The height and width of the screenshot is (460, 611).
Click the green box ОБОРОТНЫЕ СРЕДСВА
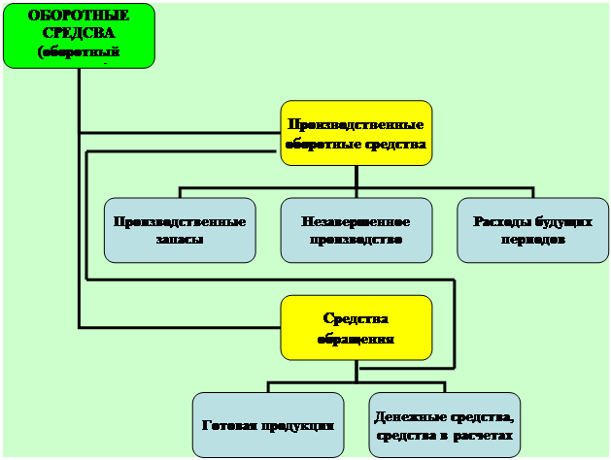click(x=78, y=36)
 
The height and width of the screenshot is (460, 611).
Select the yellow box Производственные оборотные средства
click(x=356, y=133)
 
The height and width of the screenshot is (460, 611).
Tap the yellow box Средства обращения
click(x=356, y=328)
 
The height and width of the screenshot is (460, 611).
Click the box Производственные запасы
click(x=180, y=230)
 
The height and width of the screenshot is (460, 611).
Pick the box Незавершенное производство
click(x=356, y=230)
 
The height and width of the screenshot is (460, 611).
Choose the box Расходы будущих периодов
click(x=532, y=230)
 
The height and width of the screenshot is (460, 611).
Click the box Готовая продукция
click(x=268, y=425)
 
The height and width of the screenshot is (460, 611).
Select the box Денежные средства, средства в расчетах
click(x=445, y=425)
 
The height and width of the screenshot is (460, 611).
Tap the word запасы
click(x=180, y=240)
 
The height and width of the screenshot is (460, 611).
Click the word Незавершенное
click(x=356, y=221)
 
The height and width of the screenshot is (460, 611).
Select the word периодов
click(x=532, y=240)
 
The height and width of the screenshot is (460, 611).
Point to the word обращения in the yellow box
click(x=356, y=339)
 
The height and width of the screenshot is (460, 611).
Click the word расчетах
click(x=483, y=436)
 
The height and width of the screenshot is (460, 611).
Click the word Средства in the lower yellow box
click(x=356, y=319)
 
